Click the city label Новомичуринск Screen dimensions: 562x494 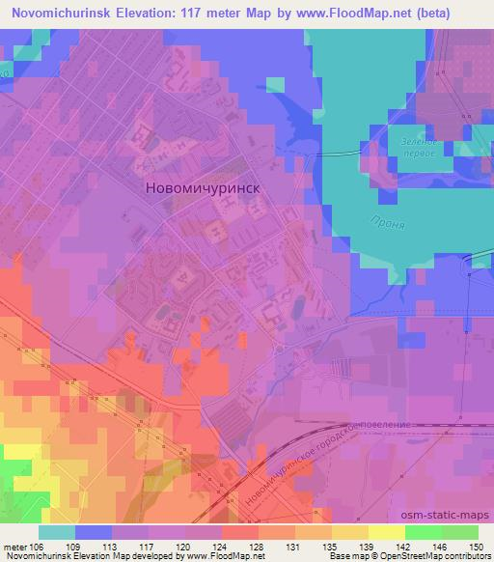coord(217,190)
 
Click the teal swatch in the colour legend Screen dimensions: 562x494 coord(57,532)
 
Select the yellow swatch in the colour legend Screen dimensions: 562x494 coord(386,532)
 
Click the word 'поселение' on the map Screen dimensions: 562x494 coord(385,425)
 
